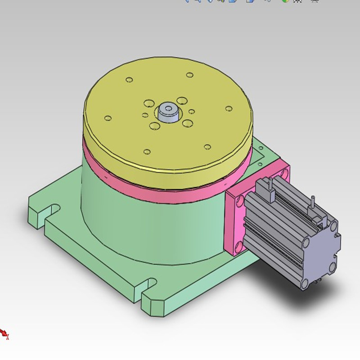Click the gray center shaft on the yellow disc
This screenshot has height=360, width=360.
coord(168,111)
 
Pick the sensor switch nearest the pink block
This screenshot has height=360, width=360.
coord(270,192)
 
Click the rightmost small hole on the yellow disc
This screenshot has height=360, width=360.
coord(229,108)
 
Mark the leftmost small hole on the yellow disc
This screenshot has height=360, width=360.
coord(108,118)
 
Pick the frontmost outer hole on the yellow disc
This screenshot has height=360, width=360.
coord(147,152)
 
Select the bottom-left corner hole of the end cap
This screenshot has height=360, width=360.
coord(305,283)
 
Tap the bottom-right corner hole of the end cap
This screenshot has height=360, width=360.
coord(333,267)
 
